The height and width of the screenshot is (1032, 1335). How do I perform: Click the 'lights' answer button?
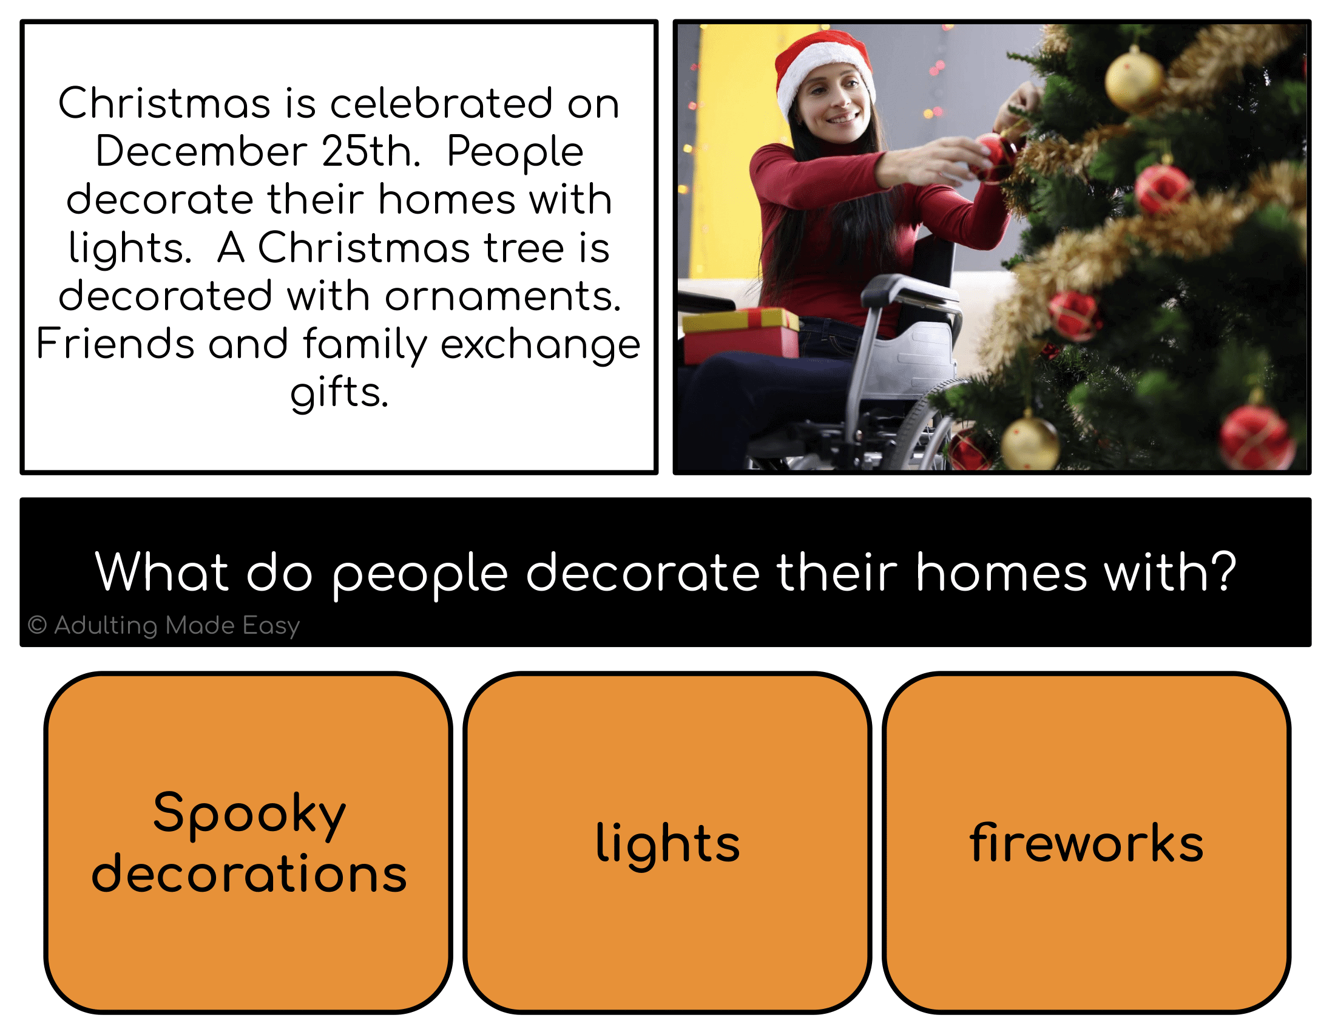pos(667,843)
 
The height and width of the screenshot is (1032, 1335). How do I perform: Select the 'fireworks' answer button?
pos(1086,843)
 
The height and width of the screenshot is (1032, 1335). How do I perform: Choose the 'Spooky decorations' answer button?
pos(248,843)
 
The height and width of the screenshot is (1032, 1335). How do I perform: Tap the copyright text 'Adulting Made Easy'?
pos(164,625)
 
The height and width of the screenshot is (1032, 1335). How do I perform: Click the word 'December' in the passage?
pos(201,151)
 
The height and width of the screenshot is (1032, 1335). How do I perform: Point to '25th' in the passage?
pos(370,151)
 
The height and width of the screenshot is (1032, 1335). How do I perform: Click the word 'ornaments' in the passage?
pos(502,296)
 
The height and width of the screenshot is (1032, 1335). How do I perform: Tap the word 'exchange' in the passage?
pos(540,345)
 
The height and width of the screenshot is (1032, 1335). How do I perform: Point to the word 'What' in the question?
pos(161,571)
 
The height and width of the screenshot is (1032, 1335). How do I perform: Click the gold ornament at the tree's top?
pos(1134,80)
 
